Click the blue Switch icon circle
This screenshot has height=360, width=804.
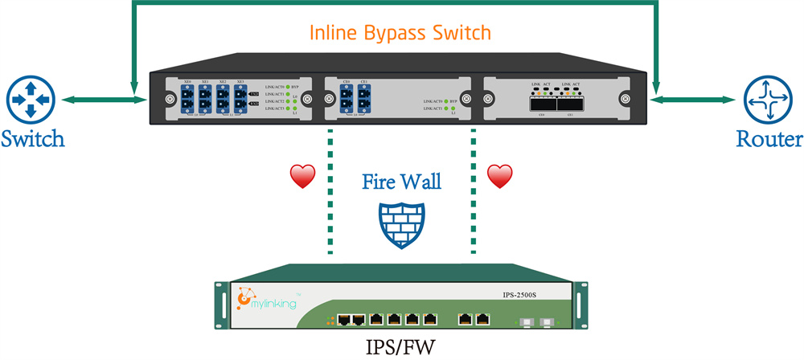coord(29,99)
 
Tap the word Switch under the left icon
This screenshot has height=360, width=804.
coord(32,140)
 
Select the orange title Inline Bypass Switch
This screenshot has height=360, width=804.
coord(400,34)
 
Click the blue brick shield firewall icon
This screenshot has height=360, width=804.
coord(399,222)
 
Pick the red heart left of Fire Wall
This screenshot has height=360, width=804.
coord(303,177)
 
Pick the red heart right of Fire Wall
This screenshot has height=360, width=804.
coord(500,176)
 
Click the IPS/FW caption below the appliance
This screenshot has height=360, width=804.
coord(400,347)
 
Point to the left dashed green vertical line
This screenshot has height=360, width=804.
coord(330,193)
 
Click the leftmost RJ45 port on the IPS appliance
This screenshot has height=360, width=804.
coord(344,319)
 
